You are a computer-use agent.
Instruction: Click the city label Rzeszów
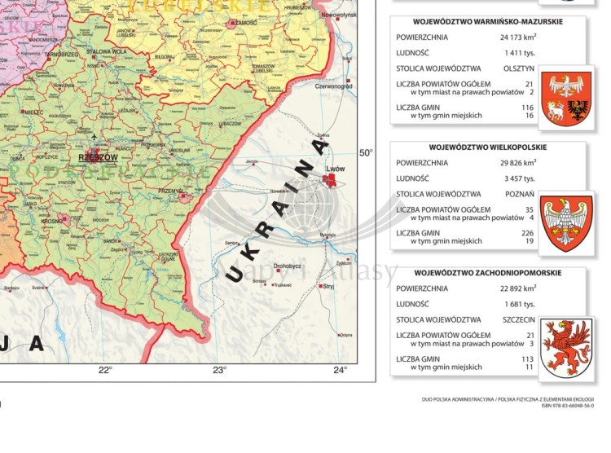pyautogui.click(x=98, y=158)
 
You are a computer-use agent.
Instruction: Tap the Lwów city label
pyautogui.click(x=336, y=169)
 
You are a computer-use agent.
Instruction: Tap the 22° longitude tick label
pyautogui.click(x=105, y=371)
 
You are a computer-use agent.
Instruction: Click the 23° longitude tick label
pyautogui.click(x=219, y=371)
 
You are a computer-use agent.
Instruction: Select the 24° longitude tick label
pyautogui.click(x=340, y=371)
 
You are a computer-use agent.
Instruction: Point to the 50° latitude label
pyautogui.click(x=366, y=152)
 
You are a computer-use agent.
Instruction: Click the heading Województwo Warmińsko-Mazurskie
pyautogui.click(x=487, y=22)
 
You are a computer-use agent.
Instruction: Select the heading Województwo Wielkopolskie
pyautogui.click(x=487, y=147)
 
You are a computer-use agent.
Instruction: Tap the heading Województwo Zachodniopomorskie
pyautogui.click(x=487, y=273)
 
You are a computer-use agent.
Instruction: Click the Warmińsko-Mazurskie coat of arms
pyautogui.click(x=567, y=96)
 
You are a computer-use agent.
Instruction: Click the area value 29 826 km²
pyautogui.click(x=516, y=163)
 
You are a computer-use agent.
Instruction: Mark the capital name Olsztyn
pyautogui.click(x=519, y=68)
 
